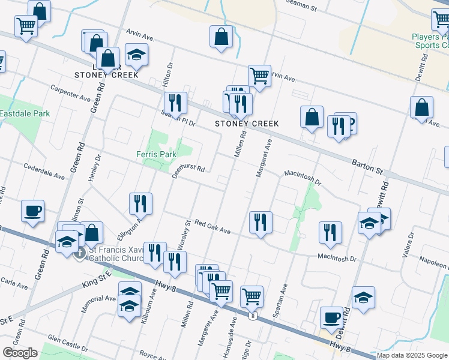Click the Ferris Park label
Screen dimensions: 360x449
point(155,154)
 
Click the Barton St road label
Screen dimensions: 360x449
point(367,167)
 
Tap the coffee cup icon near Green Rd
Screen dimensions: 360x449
point(32,211)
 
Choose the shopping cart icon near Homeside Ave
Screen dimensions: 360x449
point(252,296)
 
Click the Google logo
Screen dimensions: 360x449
point(20,353)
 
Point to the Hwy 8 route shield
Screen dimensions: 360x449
point(255,316)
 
